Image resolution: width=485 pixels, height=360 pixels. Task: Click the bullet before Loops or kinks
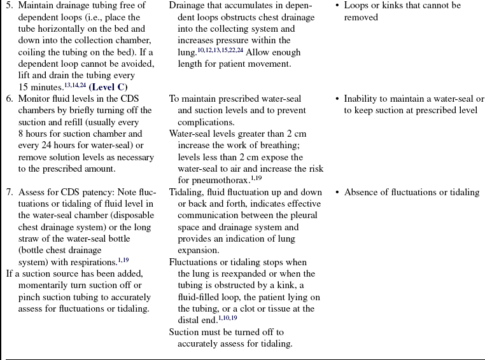(x=337, y=6)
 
